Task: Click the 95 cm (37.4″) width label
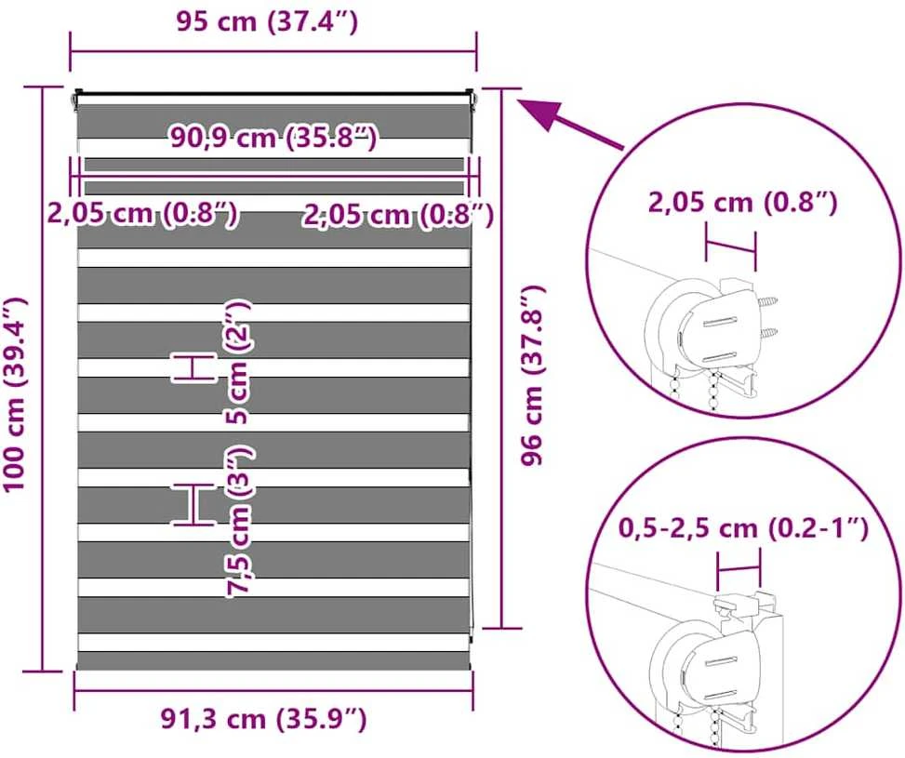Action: pos(267,22)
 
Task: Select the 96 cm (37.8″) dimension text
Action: pos(532,375)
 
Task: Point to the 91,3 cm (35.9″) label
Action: pos(263,719)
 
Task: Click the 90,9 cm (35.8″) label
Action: pos(273,138)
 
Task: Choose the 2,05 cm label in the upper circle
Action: pos(742,203)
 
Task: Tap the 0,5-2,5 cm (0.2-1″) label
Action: pos(743,528)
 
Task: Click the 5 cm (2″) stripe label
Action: pos(238,363)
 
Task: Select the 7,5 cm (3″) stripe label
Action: pos(239,522)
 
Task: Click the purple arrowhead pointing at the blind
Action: pos(539,113)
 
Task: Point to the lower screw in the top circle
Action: pos(767,333)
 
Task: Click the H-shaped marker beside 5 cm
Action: pos(193,367)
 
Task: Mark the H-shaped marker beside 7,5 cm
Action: pos(193,505)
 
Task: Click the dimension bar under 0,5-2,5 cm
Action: pos(739,569)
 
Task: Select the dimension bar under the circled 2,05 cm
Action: pos(731,247)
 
